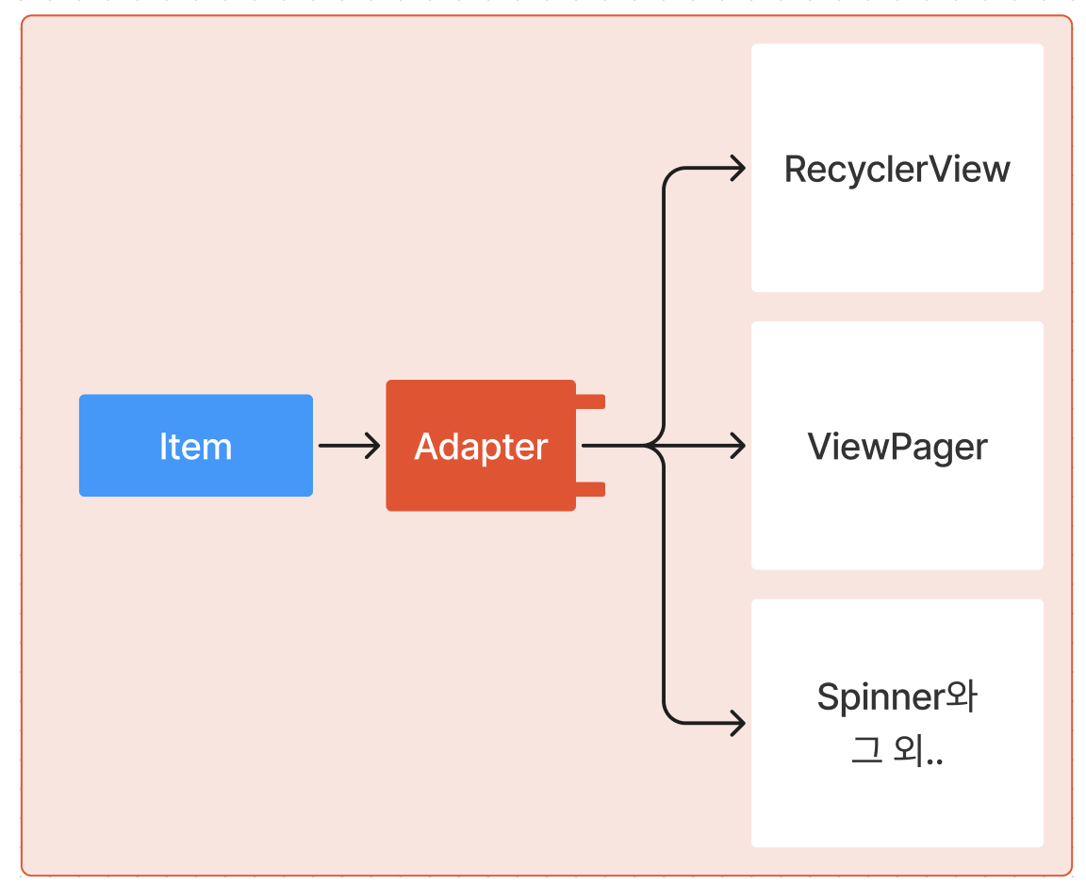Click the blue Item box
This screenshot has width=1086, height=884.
(113, 471)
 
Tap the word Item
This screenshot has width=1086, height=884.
(195, 447)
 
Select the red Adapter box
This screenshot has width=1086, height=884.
(481, 490)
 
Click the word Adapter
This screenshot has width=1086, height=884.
(481, 447)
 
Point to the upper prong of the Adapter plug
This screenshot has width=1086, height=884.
(590, 401)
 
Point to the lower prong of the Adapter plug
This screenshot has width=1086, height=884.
(590, 488)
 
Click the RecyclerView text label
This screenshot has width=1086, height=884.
(897, 170)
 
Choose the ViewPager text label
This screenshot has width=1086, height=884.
(897, 447)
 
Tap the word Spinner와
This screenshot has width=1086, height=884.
(897, 697)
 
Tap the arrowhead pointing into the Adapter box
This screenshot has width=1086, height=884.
(373, 445)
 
